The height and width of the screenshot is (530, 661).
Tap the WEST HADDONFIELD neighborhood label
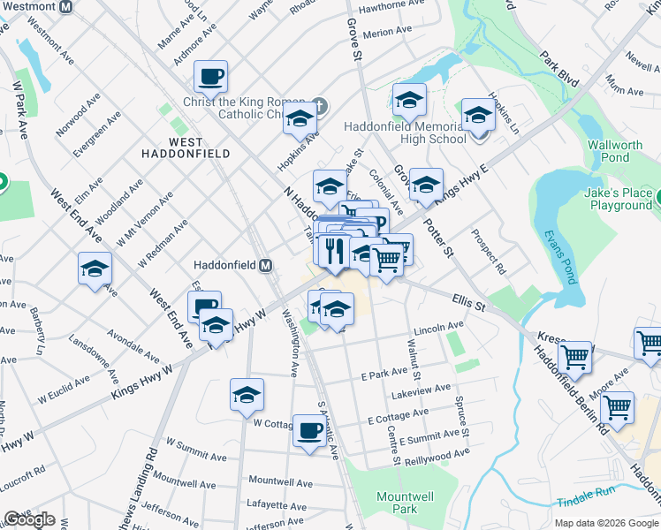click(186, 148)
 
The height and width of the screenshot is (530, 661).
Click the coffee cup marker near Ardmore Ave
click(211, 77)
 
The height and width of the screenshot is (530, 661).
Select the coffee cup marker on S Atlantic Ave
click(308, 430)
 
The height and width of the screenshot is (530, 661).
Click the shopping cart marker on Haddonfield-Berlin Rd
click(617, 408)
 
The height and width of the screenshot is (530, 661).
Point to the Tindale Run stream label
click(586, 502)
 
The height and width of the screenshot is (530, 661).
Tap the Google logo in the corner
click(29, 519)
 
